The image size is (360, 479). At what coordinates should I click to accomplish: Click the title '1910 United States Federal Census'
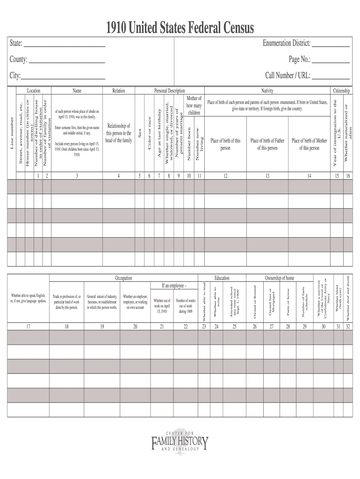point(180,29)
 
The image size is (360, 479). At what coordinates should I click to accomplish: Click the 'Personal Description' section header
point(169,91)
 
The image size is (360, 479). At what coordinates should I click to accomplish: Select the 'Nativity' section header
point(267,91)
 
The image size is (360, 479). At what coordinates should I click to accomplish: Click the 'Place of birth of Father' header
point(267,144)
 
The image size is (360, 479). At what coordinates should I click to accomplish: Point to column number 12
point(225,176)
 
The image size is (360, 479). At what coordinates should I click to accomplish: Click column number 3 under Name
point(77,176)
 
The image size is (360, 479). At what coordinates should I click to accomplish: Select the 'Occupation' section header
point(123,278)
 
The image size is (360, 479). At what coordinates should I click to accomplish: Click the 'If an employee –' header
point(174,285)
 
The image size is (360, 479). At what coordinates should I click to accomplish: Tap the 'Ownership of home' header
point(280,278)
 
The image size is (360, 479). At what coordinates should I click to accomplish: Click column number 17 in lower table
point(28,327)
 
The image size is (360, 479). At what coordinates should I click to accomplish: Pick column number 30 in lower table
point(323,327)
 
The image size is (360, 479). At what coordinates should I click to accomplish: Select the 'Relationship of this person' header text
point(119,133)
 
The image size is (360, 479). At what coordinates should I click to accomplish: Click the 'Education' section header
point(222,278)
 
